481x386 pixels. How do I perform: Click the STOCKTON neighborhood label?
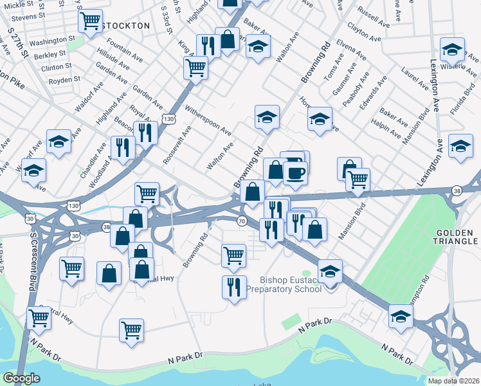[127, 26]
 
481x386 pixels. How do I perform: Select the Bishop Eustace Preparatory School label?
[291, 284]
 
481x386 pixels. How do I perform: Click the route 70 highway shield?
[241, 221]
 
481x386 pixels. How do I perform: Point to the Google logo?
[21, 378]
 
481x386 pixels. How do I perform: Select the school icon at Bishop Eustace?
[330, 271]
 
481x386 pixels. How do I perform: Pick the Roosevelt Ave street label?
[177, 145]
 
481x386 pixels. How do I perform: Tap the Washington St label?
[53, 42]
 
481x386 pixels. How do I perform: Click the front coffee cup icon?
[295, 172]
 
